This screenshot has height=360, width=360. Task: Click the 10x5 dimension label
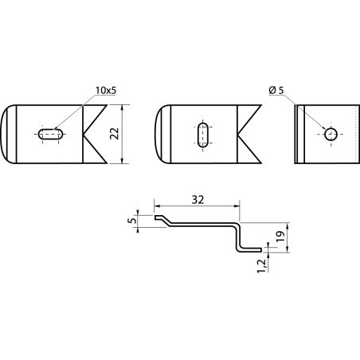(x=106, y=91)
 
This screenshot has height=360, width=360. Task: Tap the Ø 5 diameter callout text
(x=276, y=90)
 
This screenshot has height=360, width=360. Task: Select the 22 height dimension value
(x=115, y=134)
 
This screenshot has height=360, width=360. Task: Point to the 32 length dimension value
(x=198, y=200)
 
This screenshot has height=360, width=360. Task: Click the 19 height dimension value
(x=280, y=236)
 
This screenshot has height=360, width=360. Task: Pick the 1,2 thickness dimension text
(x=261, y=266)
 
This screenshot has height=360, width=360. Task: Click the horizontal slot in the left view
(x=51, y=134)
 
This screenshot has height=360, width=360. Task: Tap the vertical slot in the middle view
(x=204, y=135)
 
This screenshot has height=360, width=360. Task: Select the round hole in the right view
(x=331, y=134)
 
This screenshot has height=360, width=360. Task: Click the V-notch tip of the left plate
(x=84, y=134)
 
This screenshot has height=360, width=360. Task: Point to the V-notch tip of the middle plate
(x=237, y=134)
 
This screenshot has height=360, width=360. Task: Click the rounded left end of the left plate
(x=2, y=134)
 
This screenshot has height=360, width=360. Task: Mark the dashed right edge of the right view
(x=355, y=134)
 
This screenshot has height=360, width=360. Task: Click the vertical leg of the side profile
(x=237, y=237)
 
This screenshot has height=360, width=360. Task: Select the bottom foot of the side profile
(x=249, y=250)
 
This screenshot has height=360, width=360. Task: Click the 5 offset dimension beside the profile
(x=133, y=221)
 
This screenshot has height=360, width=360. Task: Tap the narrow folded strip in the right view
(x=299, y=134)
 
